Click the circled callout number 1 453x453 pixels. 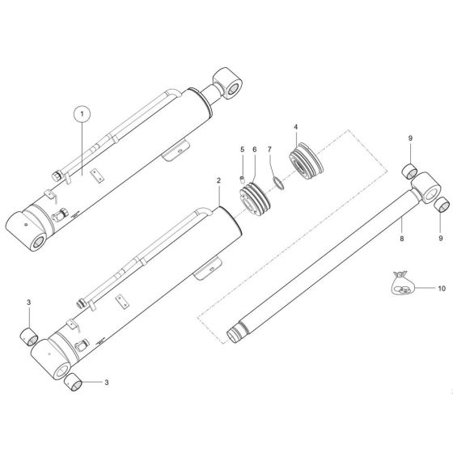(81, 113)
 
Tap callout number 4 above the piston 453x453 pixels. (297, 128)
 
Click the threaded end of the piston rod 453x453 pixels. (239, 332)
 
